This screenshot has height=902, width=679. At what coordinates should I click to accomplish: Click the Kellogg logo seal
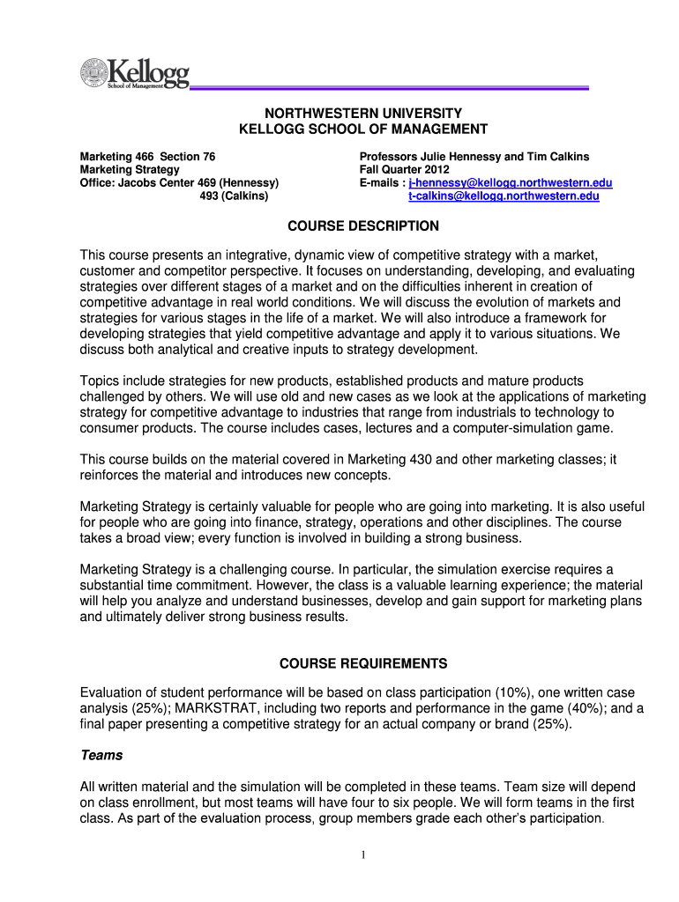click(93, 73)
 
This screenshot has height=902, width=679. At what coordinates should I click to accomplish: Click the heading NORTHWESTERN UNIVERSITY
click(363, 114)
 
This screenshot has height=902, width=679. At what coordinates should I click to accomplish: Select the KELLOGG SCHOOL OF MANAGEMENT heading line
click(363, 129)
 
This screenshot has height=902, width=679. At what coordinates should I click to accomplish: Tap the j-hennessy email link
click(510, 182)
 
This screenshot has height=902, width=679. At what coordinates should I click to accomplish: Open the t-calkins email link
click(503, 196)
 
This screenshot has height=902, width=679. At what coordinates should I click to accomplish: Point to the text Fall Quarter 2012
click(404, 169)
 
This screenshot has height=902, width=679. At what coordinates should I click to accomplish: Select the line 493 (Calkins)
click(234, 196)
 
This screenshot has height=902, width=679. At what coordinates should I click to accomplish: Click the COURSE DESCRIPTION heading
click(363, 226)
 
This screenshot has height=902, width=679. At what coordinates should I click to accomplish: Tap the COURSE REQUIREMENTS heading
click(363, 663)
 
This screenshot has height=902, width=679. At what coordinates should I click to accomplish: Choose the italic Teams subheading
click(101, 755)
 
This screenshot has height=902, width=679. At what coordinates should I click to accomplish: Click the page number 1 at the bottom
click(363, 854)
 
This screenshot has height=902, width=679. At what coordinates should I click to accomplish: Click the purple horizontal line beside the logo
click(388, 87)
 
